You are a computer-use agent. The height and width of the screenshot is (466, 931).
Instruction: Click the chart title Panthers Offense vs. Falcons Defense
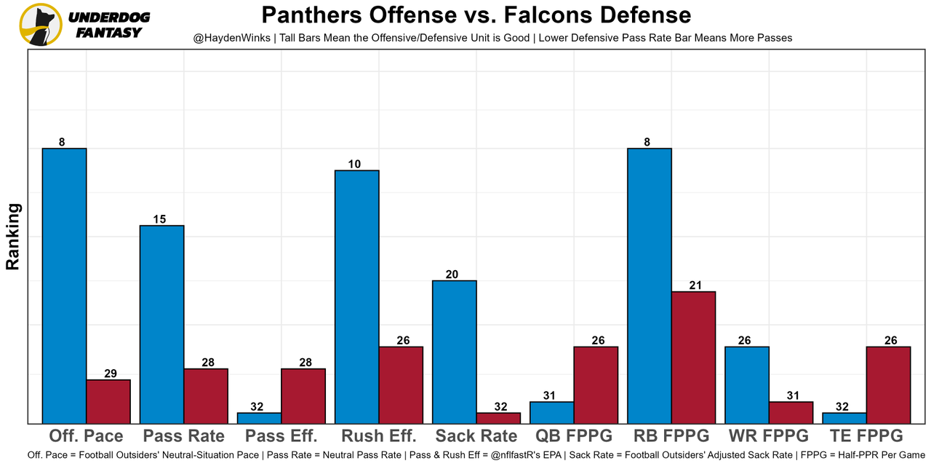click(476, 15)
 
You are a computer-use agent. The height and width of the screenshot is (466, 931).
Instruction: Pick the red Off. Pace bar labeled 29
click(108, 401)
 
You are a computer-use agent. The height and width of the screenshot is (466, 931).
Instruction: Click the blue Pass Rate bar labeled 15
click(161, 324)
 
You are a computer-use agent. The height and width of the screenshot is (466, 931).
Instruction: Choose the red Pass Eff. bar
click(303, 395)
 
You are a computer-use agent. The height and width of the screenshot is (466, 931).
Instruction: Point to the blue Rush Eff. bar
click(356, 296)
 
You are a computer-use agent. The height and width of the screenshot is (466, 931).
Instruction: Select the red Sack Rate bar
click(498, 418)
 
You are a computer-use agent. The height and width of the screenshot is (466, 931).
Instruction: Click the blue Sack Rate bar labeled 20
click(454, 352)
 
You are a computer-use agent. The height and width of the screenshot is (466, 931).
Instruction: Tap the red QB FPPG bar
click(596, 384)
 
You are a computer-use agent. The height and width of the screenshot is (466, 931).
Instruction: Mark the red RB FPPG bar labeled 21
click(693, 357)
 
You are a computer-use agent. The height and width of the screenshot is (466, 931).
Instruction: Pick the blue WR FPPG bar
click(746, 384)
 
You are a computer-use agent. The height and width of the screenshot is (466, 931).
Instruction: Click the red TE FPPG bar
click(888, 384)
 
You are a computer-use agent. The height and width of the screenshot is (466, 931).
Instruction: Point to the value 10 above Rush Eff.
click(354, 165)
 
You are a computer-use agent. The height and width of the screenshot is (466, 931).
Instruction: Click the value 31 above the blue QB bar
click(550, 396)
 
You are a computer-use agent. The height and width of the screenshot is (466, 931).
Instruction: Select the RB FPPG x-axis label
click(671, 436)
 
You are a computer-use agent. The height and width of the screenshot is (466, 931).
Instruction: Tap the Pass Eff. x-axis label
click(281, 436)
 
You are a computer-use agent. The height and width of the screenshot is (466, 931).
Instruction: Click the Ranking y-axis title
click(13, 237)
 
